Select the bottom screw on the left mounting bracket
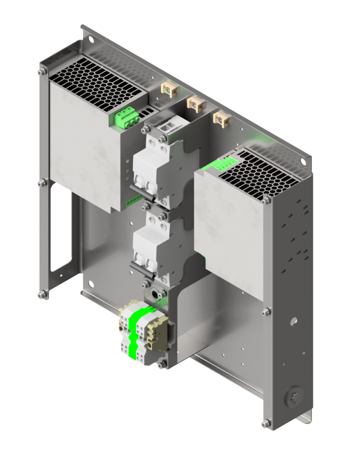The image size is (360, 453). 42,295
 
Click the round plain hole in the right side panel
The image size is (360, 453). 294,321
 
